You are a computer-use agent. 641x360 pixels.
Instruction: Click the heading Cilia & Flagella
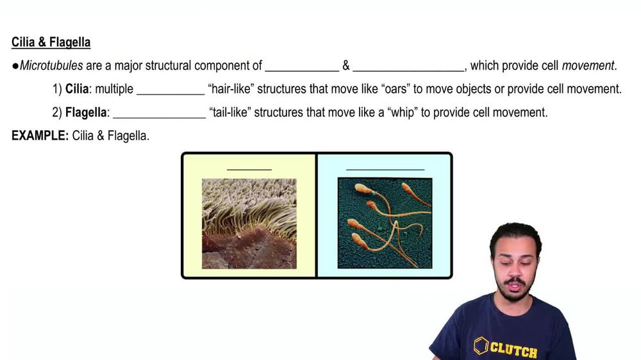51,43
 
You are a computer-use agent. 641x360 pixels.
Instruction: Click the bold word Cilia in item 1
77,89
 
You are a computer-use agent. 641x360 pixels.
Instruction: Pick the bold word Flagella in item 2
87,113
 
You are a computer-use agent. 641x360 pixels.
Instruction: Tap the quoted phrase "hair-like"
231,89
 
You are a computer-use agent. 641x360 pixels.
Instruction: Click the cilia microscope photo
249,224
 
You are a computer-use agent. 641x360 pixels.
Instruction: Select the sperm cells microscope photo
385,224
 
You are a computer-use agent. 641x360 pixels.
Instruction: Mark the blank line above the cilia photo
249,170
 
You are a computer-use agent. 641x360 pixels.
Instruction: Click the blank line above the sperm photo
385,170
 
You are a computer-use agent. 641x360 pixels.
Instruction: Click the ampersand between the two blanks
345,65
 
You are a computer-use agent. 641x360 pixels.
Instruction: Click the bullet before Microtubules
15,65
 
